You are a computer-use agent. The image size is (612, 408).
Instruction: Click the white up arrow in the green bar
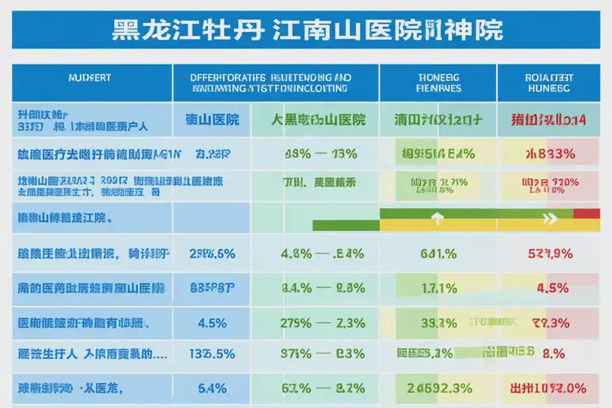click(437, 219)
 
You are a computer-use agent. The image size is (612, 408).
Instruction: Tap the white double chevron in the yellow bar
click(549, 219)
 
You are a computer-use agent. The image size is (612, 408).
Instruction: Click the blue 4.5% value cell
click(212, 322)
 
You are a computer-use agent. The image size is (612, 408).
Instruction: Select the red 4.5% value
click(552, 287)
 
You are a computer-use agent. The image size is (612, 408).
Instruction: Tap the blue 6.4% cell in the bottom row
click(212, 388)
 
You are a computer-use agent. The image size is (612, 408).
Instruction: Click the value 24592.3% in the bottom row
click(437, 388)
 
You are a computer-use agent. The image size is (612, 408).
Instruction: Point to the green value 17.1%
click(438, 287)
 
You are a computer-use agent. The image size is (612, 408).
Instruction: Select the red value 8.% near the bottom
click(553, 354)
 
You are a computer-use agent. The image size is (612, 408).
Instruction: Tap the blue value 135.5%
click(212, 354)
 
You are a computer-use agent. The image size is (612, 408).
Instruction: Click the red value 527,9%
click(550, 253)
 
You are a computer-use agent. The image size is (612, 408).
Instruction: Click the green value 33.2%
click(438, 322)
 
